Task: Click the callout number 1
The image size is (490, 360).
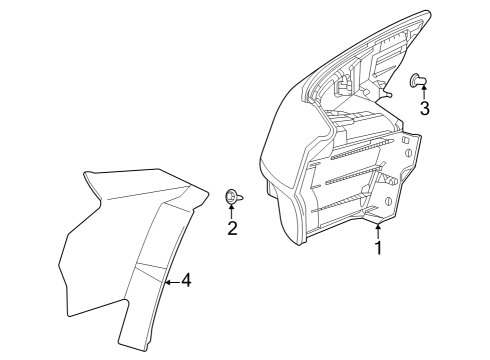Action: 378,247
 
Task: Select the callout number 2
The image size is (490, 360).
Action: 232,229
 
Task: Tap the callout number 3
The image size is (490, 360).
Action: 425,108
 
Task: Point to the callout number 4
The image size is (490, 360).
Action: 186,282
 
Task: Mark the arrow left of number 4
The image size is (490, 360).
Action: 169,282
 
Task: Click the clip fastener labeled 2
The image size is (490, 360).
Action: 232,197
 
